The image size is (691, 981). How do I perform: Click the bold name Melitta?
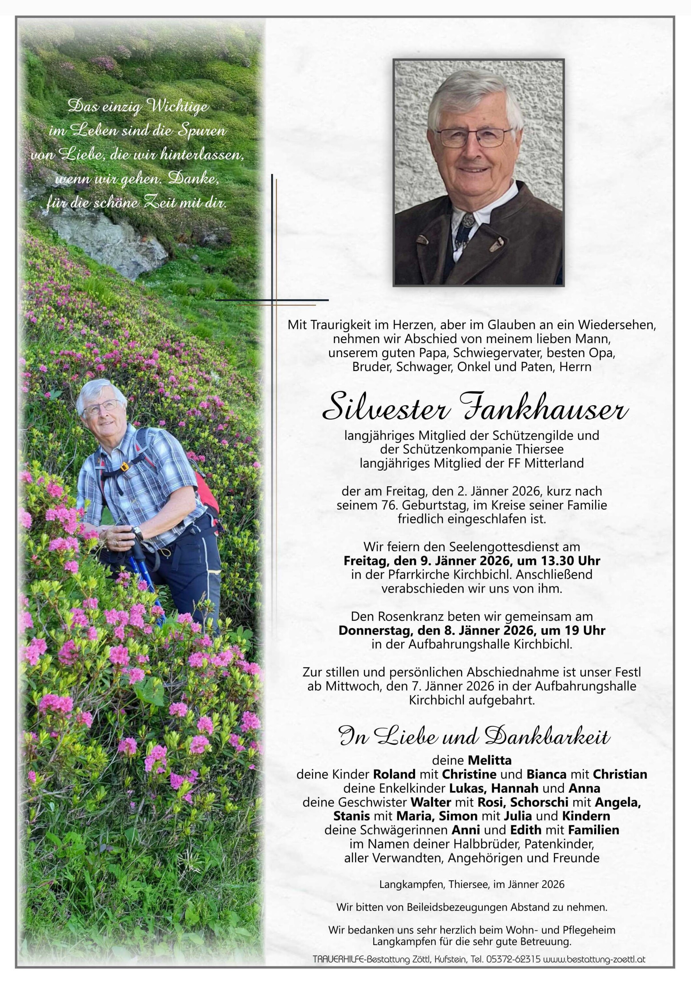point(489,760)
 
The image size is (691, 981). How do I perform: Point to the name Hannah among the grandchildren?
point(511,788)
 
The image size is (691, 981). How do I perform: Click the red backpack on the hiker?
point(208,493)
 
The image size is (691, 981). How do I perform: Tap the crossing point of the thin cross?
point(272,300)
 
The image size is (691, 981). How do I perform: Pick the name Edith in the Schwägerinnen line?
point(525,830)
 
